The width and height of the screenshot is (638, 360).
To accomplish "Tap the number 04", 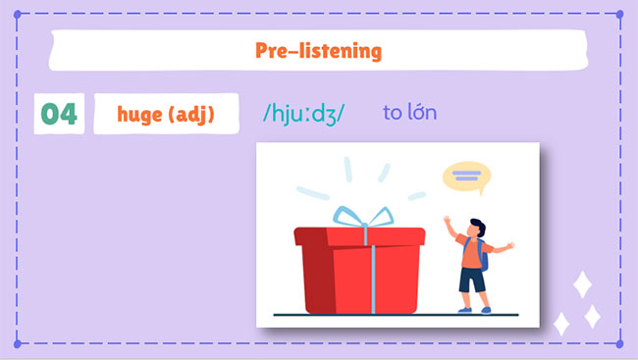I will [58, 115].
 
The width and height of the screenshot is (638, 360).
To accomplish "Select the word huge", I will [138, 115].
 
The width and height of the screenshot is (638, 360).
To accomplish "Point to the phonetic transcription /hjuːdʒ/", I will [303, 114].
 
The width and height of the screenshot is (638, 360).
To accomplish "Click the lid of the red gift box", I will [359, 236].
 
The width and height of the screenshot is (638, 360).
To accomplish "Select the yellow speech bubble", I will [466, 177].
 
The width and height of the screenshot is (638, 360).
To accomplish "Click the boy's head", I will [475, 228].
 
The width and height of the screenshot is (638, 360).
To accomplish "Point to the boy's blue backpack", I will [484, 256].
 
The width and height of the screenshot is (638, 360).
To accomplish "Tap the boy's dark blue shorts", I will [472, 281].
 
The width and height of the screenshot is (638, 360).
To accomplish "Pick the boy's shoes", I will [474, 310].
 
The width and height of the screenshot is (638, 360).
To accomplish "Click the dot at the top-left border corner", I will [17, 14].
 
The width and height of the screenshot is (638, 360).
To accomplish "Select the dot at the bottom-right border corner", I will [620, 344].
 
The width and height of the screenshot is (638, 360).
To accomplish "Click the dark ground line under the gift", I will [393, 315].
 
